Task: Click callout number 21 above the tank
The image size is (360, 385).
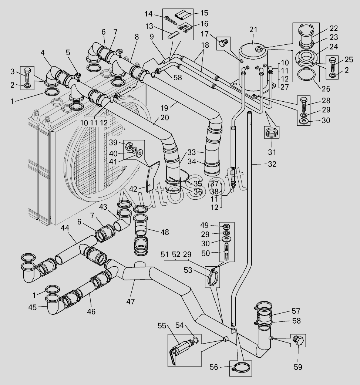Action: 253,30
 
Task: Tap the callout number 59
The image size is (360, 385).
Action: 298,367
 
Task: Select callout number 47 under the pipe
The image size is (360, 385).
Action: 131,301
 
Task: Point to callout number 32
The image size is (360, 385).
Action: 272,164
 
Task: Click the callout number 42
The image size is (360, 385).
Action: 133,189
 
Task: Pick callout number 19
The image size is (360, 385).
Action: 165,108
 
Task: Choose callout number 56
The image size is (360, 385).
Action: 213,367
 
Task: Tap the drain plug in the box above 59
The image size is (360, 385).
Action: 298,341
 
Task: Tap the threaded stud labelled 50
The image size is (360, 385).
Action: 227,252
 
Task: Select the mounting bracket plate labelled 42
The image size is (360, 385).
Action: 152,177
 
